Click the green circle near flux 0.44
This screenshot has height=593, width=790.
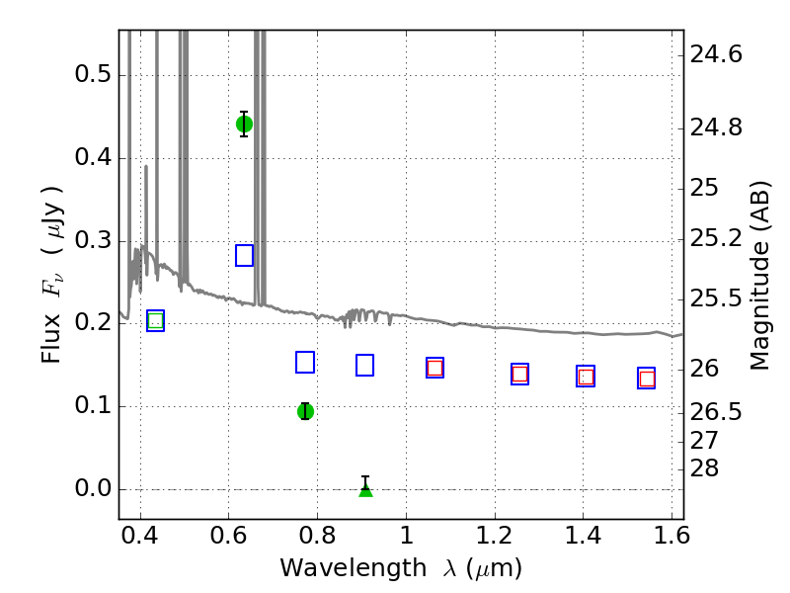(x=244, y=125)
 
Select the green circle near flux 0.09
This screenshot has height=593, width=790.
(x=305, y=411)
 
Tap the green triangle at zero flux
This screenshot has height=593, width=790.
(x=365, y=489)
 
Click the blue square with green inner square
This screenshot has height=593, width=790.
(x=156, y=320)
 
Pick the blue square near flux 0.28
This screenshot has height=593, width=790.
(x=244, y=256)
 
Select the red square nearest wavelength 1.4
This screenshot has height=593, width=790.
(x=586, y=377)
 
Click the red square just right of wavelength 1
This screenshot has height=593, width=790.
(x=434, y=368)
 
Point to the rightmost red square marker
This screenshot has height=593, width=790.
(x=647, y=379)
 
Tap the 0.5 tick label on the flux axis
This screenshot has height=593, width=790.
(x=93, y=75)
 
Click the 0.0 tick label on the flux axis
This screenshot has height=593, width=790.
(x=93, y=488)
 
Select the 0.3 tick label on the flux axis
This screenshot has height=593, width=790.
(x=93, y=240)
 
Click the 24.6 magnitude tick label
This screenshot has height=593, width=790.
(x=716, y=54)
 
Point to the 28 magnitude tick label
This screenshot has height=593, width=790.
(x=704, y=468)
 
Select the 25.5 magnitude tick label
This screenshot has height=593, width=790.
(x=716, y=298)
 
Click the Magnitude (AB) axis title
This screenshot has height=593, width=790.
(x=759, y=276)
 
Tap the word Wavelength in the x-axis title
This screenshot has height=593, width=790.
(x=354, y=568)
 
